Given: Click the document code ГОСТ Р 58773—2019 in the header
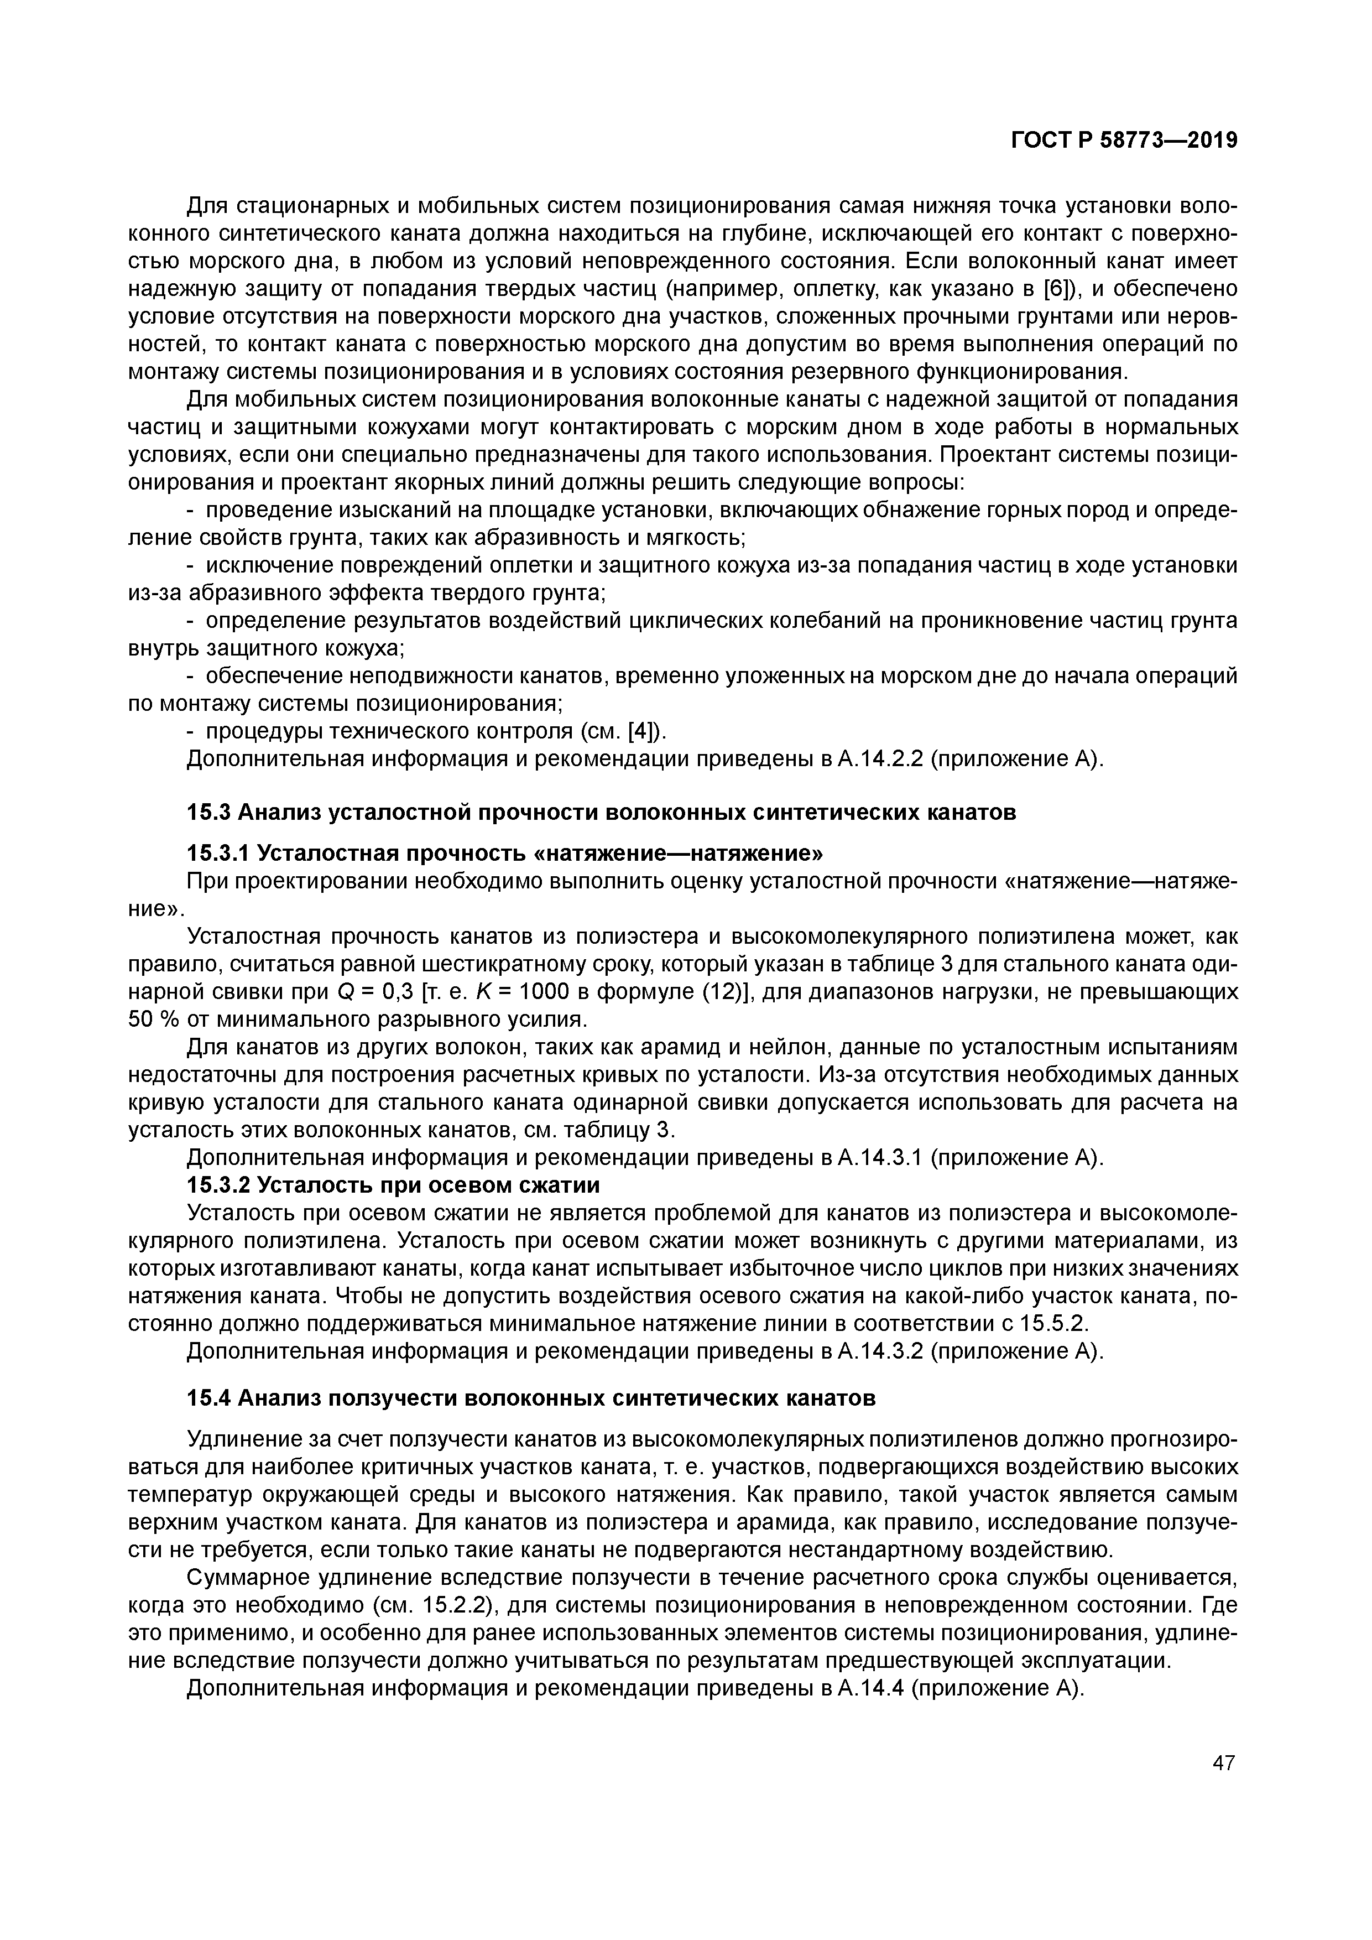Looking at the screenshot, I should [1124, 141].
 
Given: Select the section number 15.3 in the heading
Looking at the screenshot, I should [208, 813].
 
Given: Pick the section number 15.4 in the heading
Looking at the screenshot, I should [208, 1398].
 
